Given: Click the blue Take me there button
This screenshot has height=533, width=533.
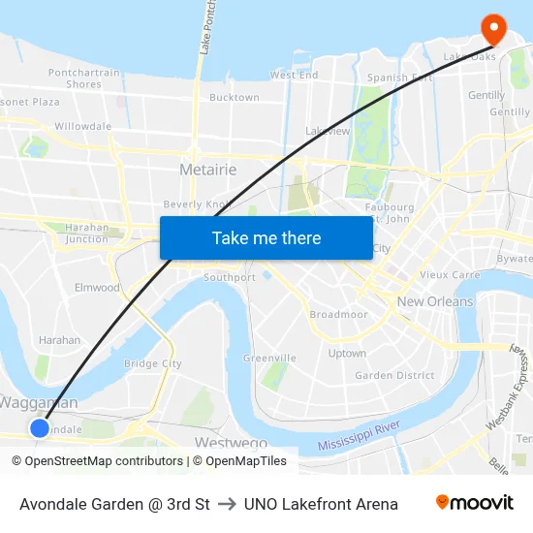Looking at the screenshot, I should tap(266, 237).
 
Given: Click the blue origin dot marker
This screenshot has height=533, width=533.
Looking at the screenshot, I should tap(40, 427).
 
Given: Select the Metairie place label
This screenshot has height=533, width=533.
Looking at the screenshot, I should tap(207, 170).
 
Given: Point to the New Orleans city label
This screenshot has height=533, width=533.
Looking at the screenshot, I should tap(435, 301).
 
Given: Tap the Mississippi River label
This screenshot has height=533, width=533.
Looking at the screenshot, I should tap(360, 436).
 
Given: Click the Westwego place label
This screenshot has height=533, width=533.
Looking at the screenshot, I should tap(231, 443).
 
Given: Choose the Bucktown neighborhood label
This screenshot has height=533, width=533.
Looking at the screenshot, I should tap(235, 98).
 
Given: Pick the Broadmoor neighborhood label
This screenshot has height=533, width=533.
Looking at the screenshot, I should tap(338, 315).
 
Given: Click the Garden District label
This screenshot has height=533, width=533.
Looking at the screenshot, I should tap(394, 375).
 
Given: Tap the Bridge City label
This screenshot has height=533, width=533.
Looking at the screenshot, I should tap(153, 363).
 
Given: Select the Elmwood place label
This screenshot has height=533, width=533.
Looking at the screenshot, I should tap(97, 288).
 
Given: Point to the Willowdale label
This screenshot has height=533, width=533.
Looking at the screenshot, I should tap(83, 126).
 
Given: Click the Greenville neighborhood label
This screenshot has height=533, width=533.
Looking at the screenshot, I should tap(269, 358).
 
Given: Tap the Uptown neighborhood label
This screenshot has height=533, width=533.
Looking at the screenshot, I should tap(347, 354).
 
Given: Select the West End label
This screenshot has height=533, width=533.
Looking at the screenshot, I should tap(294, 75).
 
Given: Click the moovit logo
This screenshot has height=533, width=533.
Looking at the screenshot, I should tap(474, 503).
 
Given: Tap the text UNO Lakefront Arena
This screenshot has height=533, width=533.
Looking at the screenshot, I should tap(321, 504).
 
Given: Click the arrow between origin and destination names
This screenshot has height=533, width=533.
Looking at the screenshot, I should tap(227, 504).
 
